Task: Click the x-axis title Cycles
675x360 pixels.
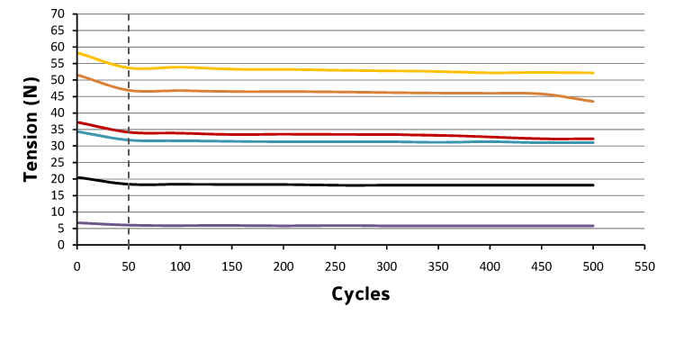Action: [x=360, y=293]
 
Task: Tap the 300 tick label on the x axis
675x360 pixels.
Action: [x=386, y=266]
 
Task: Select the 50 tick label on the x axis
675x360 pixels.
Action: [x=129, y=266]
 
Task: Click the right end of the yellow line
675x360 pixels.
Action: [x=593, y=73]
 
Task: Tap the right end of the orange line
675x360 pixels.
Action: [x=593, y=102]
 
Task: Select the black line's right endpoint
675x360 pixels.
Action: [x=593, y=185]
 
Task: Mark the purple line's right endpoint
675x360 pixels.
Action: [x=593, y=226]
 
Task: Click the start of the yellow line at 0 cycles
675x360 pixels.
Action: [x=77, y=52]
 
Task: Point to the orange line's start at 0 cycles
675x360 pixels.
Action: [x=77, y=75]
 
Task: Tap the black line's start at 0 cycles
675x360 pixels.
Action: [x=77, y=177]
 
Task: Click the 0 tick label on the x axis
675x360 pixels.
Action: [x=77, y=266]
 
